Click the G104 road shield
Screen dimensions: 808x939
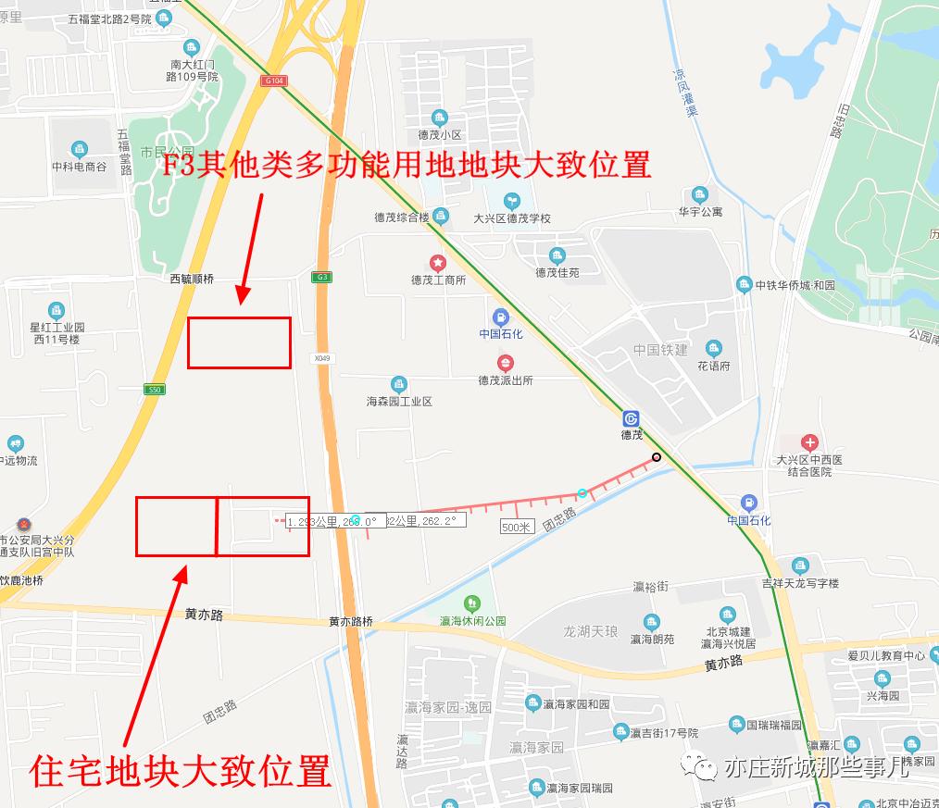[273, 81]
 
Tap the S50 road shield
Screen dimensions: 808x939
[154, 390]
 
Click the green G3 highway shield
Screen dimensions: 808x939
[321, 277]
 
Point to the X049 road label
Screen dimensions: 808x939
[321, 358]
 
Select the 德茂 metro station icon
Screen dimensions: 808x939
[632, 418]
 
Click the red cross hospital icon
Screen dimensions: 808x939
[810, 442]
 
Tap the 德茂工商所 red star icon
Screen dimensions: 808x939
[438, 264]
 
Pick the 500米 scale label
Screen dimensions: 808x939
[518, 527]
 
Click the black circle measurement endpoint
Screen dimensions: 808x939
[657, 456]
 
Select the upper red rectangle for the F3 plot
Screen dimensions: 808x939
[239, 342]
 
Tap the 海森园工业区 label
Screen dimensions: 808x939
[399, 402]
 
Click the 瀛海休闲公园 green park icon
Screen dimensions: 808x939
[472, 604]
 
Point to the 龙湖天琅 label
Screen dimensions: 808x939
[590, 631]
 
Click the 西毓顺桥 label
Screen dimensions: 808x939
[192, 279]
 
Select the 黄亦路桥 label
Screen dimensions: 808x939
[350, 622]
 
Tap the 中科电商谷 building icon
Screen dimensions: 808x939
[79, 150]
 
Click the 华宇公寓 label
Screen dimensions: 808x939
[699, 212]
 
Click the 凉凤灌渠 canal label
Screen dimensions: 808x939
[684, 93]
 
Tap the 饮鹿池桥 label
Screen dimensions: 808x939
[21, 580]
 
